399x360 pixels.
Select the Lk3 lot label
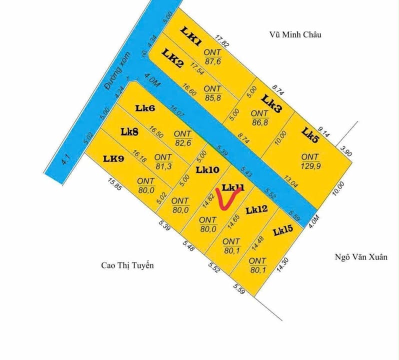tap(272, 103)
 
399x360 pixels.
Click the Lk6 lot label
tap(145, 107)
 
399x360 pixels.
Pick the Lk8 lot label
tap(129, 131)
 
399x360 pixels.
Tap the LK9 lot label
tap(113, 158)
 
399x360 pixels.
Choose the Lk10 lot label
tap(207, 170)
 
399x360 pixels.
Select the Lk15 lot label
tap(283, 230)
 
